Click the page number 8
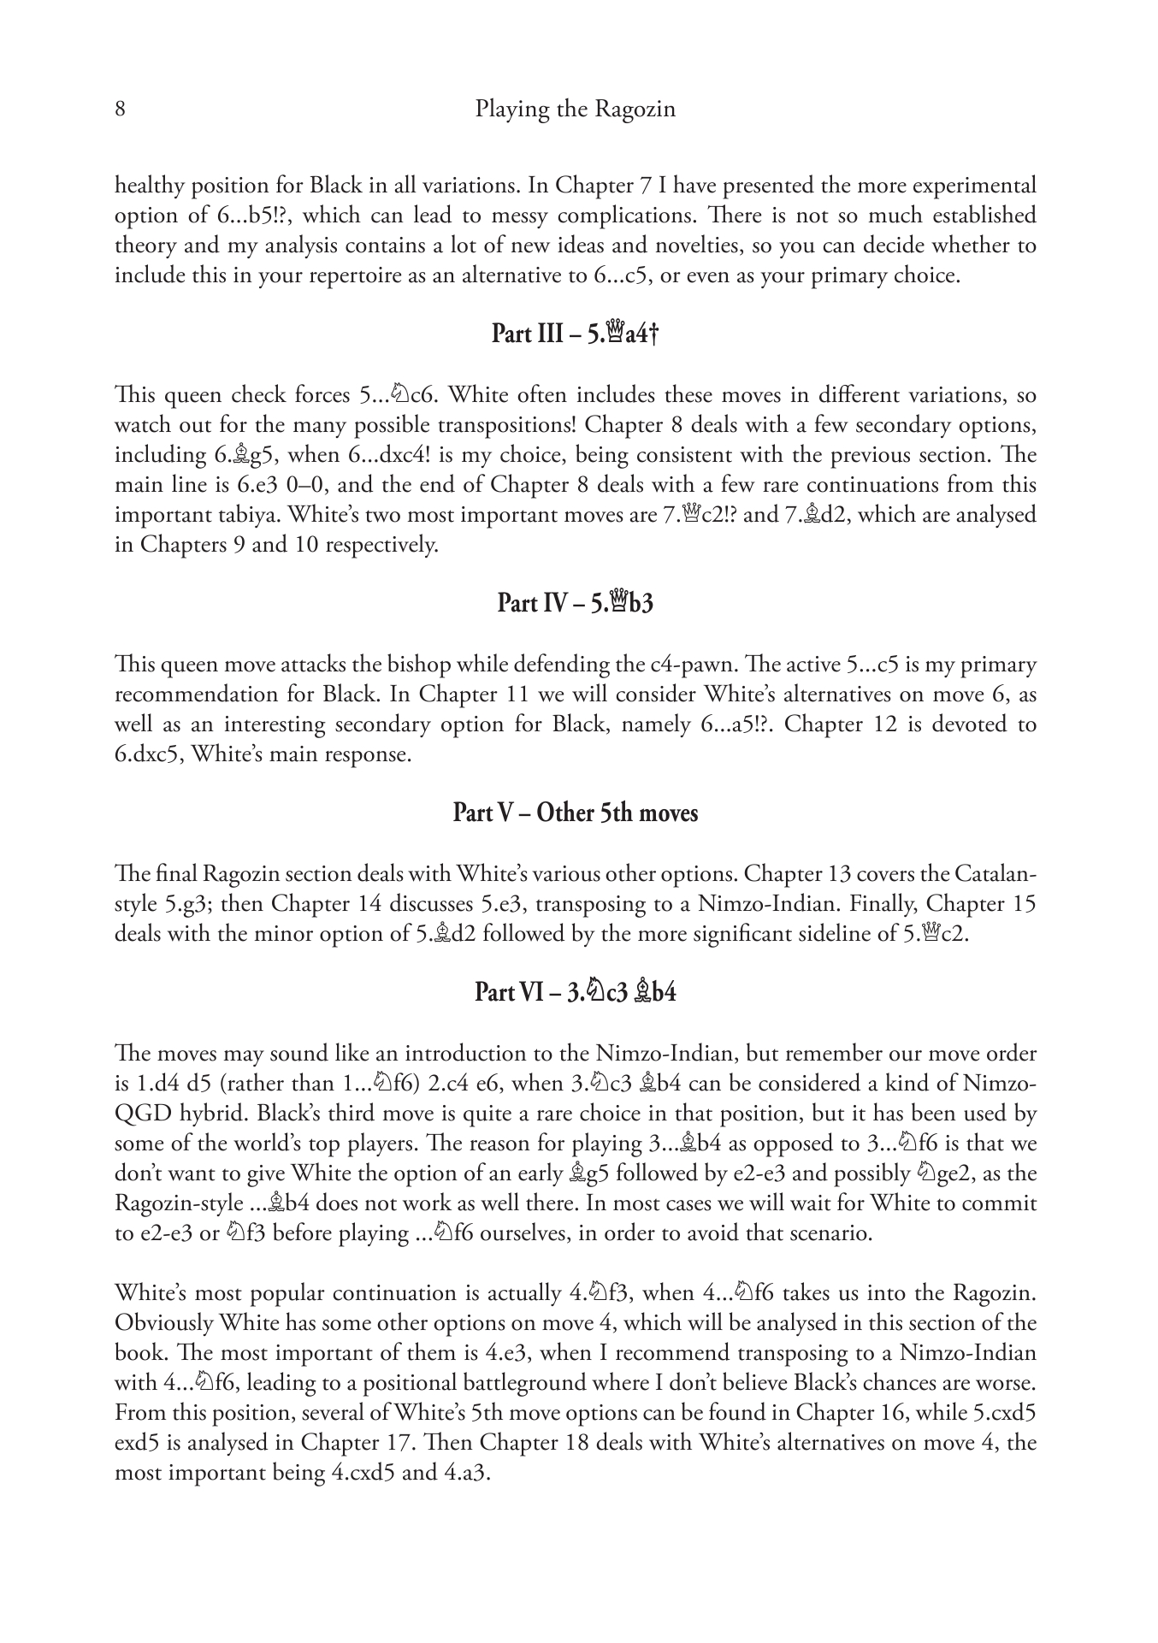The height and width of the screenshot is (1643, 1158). (x=121, y=110)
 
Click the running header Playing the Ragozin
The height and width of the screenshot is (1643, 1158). (x=575, y=110)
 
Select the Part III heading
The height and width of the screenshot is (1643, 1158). (x=575, y=333)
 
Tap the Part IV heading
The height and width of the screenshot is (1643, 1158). (x=575, y=604)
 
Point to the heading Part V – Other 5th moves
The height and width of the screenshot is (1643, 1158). (x=575, y=813)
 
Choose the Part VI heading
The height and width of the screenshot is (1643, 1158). (x=575, y=992)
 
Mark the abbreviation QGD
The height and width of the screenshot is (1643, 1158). (x=139, y=1114)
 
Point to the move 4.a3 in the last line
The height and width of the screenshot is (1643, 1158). (x=465, y=1473)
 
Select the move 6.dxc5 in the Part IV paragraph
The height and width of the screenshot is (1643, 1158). (x=148, y=755)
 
